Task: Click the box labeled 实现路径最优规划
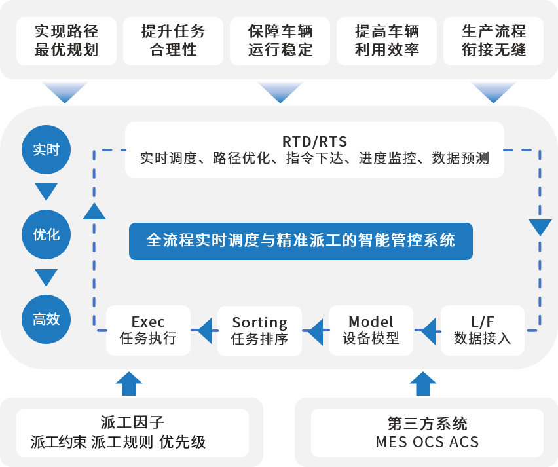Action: click(66, 41)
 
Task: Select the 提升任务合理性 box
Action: click(173, 41)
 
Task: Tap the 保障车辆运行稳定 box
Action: click(280, 41)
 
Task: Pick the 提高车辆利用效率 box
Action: click(386, 41)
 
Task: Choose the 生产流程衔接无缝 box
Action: click(493, 41)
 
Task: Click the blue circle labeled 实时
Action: click(46, 149)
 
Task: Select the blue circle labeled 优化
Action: click(46, 234)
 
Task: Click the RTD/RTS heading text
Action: click(314, 141)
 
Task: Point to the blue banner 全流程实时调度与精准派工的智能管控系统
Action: click(301, 240)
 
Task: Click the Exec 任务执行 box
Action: click(148, 330)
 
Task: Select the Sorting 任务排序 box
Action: click(259, 330)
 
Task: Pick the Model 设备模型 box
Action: click(371, 330)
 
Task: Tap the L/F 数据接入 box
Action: click(482, 330)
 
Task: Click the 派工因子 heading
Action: click(132, 422)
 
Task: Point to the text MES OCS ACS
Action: click(427, 442)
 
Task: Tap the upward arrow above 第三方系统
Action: click(426, 383)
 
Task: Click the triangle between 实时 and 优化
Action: click(46, 192)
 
